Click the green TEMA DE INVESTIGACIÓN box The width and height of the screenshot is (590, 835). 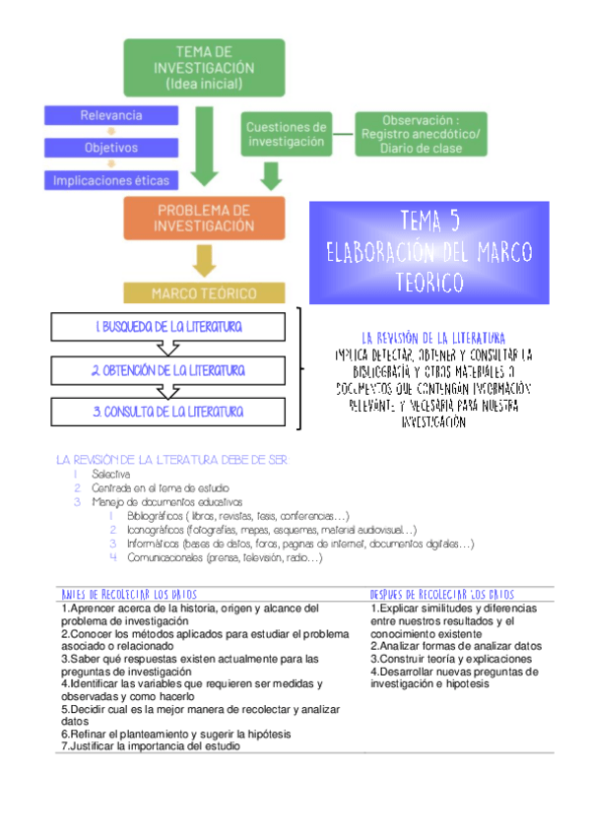coord(204,67)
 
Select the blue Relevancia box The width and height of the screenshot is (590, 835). coord(111,115)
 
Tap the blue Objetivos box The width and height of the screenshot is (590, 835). coord(111,148)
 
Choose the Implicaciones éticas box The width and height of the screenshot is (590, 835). coord(111,180)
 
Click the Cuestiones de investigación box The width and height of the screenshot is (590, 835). coord(286,134)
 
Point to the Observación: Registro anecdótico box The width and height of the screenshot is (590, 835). coord(422,134)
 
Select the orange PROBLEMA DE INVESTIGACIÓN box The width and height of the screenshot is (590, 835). coord(204,218)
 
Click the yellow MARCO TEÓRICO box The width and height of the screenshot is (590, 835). coord(204,293)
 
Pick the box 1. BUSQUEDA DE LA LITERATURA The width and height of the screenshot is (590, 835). coord(169,326)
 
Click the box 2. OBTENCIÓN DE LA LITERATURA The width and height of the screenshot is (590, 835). coord(169,370)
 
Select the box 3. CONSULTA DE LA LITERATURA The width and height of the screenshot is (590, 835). coord(169,412)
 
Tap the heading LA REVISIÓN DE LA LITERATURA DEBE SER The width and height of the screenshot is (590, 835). coord(173,460)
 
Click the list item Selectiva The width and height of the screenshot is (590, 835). coord(116,474)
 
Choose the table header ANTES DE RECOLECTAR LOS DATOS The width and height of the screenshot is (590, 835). coord(129,595)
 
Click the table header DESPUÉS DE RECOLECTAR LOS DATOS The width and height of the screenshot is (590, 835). coord(441,595)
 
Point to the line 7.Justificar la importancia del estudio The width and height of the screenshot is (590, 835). coord(151,745)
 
